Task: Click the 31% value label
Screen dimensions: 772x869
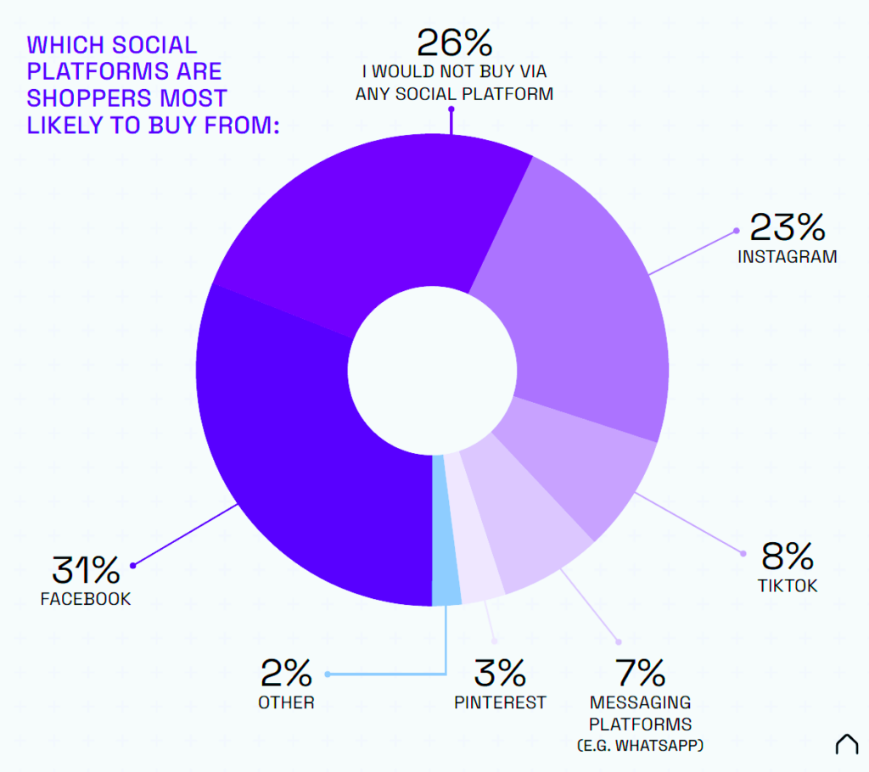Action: pos(84,568)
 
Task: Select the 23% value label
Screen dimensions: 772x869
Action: pos(787,227)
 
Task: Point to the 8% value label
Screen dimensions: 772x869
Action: pos(788,557)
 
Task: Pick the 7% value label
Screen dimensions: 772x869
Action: pos(640,674)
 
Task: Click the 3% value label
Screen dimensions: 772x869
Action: pos(500,674)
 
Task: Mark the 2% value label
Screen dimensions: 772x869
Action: pos(287,674)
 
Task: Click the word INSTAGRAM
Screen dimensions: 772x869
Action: pos(787,256)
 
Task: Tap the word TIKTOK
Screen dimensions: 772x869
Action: pos(788,586)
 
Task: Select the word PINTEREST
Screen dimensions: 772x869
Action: pos(500,702)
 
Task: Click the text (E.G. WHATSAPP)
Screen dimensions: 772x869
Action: pos(641,746)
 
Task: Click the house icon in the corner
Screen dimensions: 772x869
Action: pos(846,744)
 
